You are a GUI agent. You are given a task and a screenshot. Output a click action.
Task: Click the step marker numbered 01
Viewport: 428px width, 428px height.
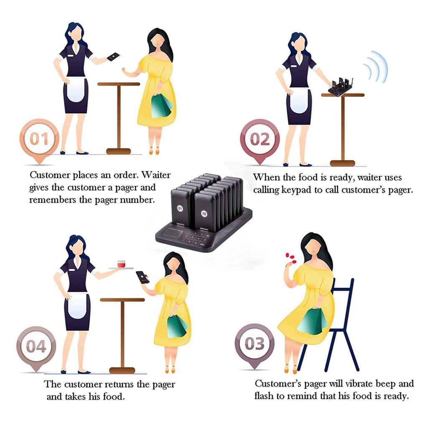coord(39,138)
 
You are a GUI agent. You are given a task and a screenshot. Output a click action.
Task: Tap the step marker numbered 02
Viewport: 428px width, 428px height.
coord(260,139)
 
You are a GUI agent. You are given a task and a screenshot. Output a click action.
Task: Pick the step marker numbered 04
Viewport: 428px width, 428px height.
coord(36,346)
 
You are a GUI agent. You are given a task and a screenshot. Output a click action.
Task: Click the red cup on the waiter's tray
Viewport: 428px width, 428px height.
coord(121,264)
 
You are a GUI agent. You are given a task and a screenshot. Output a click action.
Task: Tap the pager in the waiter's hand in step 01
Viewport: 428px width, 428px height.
coord(113,57)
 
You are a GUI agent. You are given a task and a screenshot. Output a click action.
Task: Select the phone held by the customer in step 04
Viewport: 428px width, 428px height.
coord(142,277)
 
